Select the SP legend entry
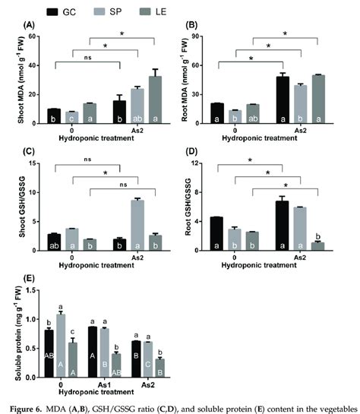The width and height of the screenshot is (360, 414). tap(141, 13)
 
